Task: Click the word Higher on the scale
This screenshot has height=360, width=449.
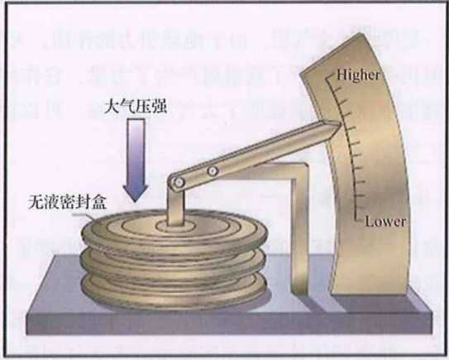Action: [359, 75]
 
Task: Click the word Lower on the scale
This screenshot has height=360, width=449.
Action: [385, 222]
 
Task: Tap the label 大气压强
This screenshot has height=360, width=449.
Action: [135, 107]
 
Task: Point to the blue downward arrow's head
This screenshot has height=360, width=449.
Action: [135, 193]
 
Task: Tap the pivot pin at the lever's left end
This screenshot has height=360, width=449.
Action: [179, 182]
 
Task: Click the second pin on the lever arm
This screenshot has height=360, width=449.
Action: [213, 171]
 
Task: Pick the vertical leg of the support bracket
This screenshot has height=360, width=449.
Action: [299, 229]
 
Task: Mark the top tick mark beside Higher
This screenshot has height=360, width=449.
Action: [331, 76]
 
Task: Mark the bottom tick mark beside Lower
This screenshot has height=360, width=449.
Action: [359, 219]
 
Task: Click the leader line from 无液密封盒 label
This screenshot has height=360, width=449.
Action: [83, 216]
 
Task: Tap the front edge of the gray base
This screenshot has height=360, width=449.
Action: [229, 323]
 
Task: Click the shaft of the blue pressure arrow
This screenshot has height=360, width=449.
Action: [136, 152]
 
